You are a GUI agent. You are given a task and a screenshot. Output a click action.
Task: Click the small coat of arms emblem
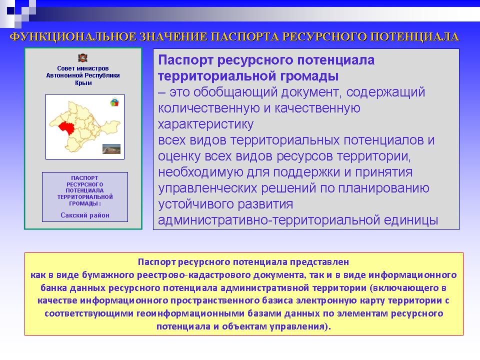tap(82, 57)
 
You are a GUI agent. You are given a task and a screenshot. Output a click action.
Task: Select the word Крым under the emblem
tap(83, 82)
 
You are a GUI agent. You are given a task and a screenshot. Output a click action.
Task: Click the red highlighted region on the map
tap(66, 127)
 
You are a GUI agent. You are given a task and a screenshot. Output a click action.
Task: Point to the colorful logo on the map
tap(114, 102)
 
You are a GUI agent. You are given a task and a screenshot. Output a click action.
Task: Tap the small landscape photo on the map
tap(111, 149)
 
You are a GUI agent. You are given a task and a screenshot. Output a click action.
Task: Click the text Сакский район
tap(85, 215)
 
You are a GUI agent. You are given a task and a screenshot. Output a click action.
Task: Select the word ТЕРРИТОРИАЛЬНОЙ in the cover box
tap(85, 197)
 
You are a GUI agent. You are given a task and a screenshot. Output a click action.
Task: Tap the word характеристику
tap(205, 124)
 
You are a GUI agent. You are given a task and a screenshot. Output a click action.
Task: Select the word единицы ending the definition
tap(411, 220)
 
